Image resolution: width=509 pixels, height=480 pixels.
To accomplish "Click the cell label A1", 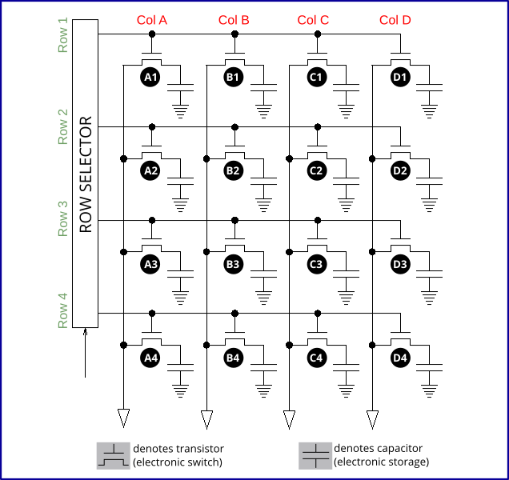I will (150, 77).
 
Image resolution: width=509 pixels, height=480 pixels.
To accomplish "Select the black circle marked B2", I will (234, 170).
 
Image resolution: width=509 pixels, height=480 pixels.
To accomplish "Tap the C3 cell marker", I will (317, 263).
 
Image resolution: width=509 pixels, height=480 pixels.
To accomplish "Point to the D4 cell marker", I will (400, 357).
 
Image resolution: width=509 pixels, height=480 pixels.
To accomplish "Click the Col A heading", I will (151, 20).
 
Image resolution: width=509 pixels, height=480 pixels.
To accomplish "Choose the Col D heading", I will (395, 20).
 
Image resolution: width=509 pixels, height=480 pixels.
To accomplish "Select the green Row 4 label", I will (63, 311).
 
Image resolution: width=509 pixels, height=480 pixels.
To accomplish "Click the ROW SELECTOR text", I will (86, 174).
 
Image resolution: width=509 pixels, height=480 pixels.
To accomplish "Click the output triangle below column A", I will (123, 418).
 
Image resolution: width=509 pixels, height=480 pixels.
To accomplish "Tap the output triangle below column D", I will (372, 418).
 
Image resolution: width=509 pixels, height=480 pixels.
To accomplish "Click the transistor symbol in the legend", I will (112, 455).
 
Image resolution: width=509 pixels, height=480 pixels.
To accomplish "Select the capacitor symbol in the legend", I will (315, 455).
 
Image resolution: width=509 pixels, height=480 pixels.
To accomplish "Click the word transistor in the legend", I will (199, 449).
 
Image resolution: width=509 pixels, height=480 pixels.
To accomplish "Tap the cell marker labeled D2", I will (400, 170).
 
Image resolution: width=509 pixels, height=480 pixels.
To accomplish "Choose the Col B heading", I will (234, 20).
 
